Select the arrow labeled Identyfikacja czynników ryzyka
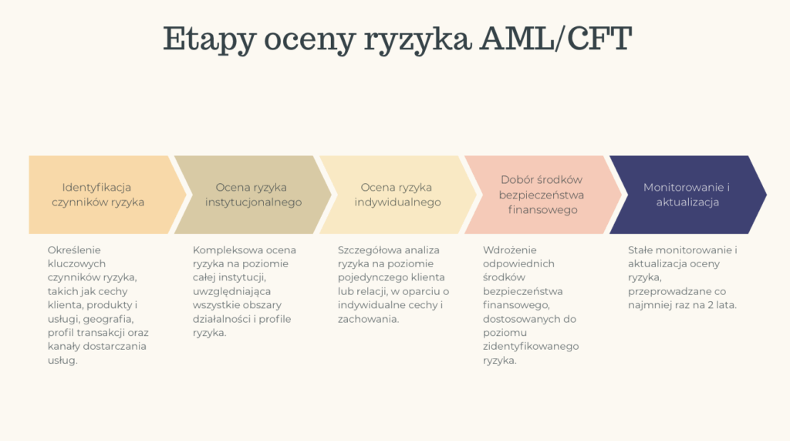click(x=98, y=195)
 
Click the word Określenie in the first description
click(x=74, y=249)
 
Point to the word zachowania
click(x=367, y=318)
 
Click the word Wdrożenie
click(x=509, y=249)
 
